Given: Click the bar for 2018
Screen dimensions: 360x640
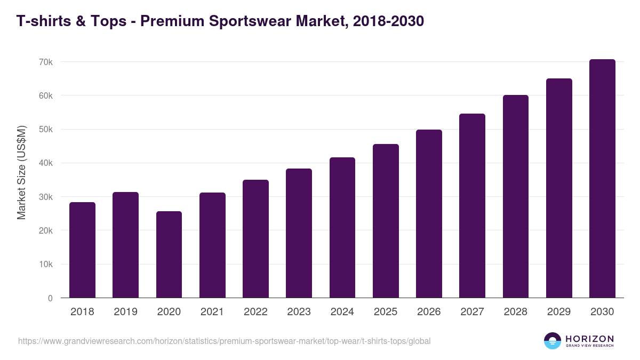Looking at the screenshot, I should point(82,250).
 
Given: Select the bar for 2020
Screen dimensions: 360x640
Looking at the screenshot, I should point(169,254).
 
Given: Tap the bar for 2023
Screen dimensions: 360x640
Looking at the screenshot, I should point(299,233).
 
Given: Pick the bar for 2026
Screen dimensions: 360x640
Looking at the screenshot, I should point(429,214).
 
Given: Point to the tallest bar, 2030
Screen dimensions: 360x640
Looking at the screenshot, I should point(602,179).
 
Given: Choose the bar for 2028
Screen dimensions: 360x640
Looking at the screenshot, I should point(515,196).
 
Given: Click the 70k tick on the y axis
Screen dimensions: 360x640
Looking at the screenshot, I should point(46,62).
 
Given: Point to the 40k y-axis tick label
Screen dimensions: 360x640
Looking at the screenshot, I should point(46,163).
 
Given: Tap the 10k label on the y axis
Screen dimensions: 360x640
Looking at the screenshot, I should point(46,265).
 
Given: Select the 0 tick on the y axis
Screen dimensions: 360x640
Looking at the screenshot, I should point(50,298).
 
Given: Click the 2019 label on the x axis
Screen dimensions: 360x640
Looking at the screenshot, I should point(125,312).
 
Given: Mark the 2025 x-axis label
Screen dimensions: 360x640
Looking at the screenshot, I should point(386,312).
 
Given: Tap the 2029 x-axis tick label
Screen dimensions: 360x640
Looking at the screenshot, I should point(559,312).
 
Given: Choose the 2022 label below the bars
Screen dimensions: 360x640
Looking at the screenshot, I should point(255,312).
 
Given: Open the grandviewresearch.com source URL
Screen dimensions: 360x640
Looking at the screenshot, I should point(224,341).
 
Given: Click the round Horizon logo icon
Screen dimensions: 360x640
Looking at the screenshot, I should point(553,341).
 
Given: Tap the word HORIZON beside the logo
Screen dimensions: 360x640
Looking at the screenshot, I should point(589,338).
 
